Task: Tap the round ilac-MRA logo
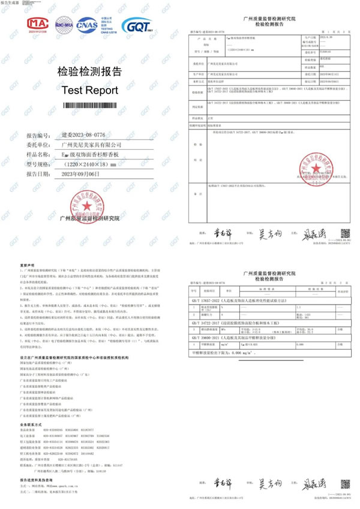(x=65, y=25)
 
